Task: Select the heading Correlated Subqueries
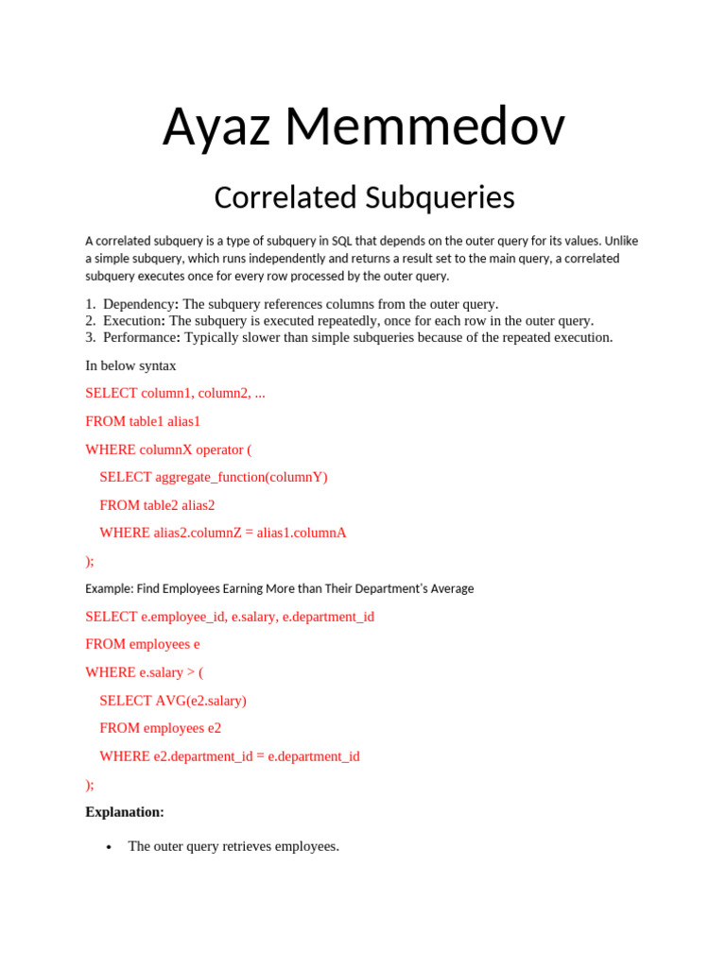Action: coord(364,197)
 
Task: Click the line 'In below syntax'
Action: coord(130,365)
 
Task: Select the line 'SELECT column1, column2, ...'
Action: coord(175,393)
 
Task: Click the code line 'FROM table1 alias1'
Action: coord(143,421)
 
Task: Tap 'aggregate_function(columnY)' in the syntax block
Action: coord(241,477)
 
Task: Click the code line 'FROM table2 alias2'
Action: coord(157,505)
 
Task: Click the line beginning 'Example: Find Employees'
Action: coord(279,588)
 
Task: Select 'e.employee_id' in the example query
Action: coord(182,617)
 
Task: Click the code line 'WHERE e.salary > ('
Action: coord(144,672)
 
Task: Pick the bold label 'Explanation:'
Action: coord(125,812)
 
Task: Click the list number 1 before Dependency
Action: coord(90,304)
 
